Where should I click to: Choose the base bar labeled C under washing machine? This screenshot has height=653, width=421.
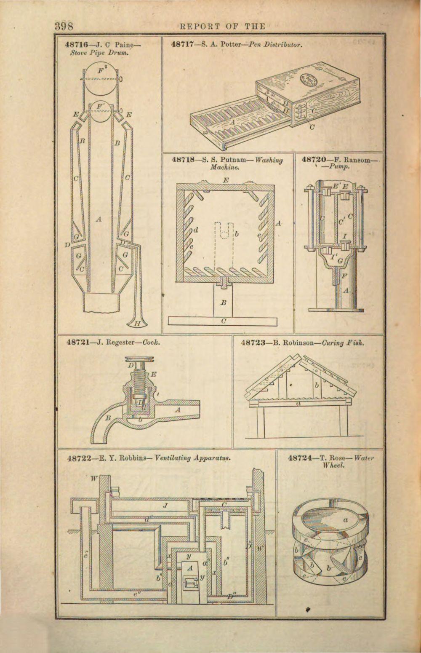click(x=224, y=321)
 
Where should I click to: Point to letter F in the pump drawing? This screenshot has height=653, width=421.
click(x=344, y=276)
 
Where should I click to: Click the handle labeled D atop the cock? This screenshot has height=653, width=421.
click(x=131, y=363)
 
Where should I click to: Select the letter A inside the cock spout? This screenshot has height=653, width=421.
click(x=177, y=409)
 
